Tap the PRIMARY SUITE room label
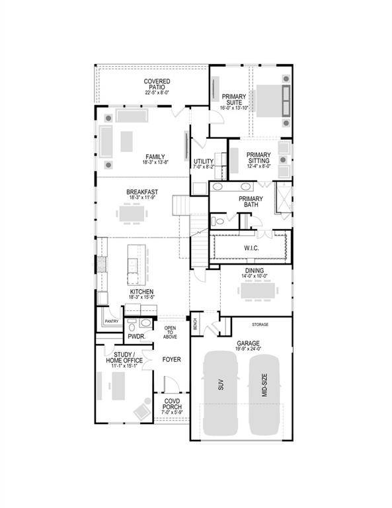click(233, 101)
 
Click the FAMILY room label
click(155, 157)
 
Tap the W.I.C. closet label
click(251, 248)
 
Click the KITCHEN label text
click(141, 292)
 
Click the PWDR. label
click(136, 336)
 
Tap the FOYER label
click(171, 360)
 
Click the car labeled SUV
click(221, 393)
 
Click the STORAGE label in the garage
click(260, 325)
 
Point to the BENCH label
click(195, 324)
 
